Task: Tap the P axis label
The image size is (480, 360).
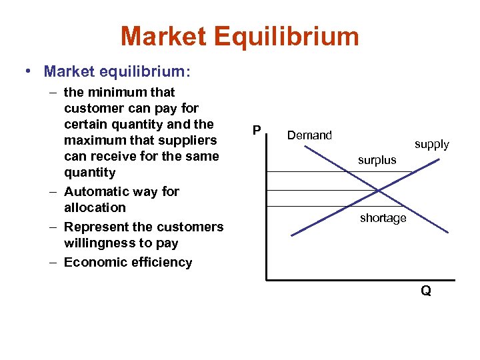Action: (256, 130)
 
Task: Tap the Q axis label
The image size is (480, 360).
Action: (425, 291)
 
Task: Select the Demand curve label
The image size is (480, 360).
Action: (309, 135)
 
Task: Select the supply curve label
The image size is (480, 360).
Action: (431, 144)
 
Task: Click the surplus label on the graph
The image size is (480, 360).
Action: (377, 160)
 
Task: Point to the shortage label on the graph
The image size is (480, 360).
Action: (383, 219)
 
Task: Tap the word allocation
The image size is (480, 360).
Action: (95, 207)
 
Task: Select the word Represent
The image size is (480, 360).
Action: (99, 227)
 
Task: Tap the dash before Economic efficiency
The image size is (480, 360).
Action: (53, 262)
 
